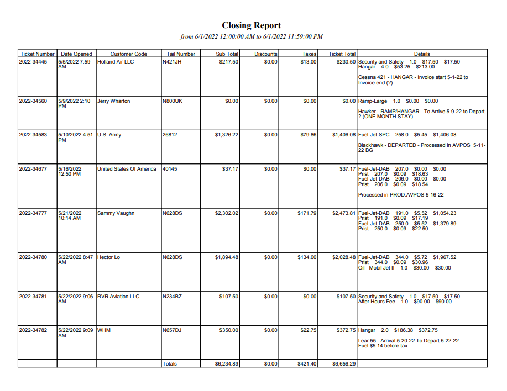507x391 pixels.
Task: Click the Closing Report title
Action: pos(251,25)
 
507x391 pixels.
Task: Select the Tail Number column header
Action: pos(181,54)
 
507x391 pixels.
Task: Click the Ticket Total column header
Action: pos(342,54)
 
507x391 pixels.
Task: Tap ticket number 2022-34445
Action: pos(33,62)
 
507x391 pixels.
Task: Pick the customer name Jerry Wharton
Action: pos(114,101)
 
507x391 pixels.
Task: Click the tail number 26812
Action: pos(170,135)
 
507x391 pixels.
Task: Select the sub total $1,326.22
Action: pos(227,135)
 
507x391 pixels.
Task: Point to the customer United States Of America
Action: pos(127,169)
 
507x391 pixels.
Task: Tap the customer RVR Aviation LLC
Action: pos(118,297)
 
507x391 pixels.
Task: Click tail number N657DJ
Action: pos(172,330)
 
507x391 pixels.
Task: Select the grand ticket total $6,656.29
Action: pos(344,364)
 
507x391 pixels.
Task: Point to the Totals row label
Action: pos(170,364)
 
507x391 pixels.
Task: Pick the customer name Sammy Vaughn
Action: pos(116,213)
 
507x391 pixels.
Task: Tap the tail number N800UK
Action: pos(172,101)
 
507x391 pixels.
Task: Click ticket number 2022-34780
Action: pos(33,257)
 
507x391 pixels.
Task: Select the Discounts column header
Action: pos(266,54)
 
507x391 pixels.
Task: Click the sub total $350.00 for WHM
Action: pos(228,330)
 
